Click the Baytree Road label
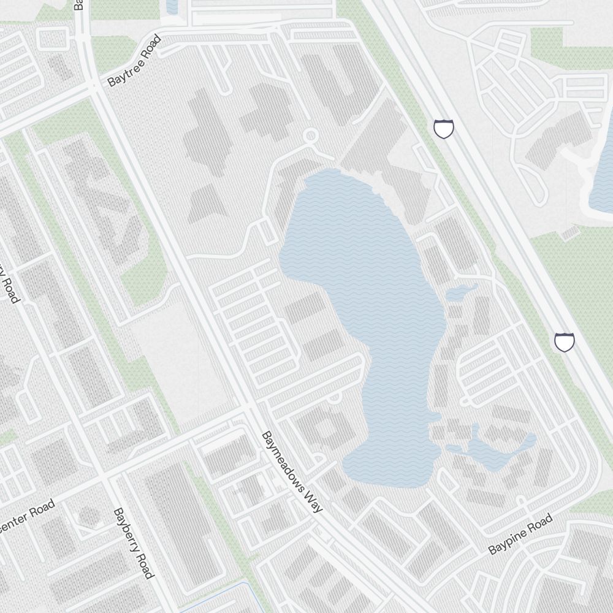(x=134, y=61)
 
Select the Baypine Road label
(x=520, y=535)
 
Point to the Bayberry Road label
(x=133, y=543)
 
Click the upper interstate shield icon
(x=444, y=129)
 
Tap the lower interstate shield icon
(x=564, y=342)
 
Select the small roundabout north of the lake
(x=311, y=135)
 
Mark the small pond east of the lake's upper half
(x=461, y=292)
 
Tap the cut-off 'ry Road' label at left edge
(x=9, y=282)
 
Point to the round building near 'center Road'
(x=89, y=516)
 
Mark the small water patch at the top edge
(x=172, y=6)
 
